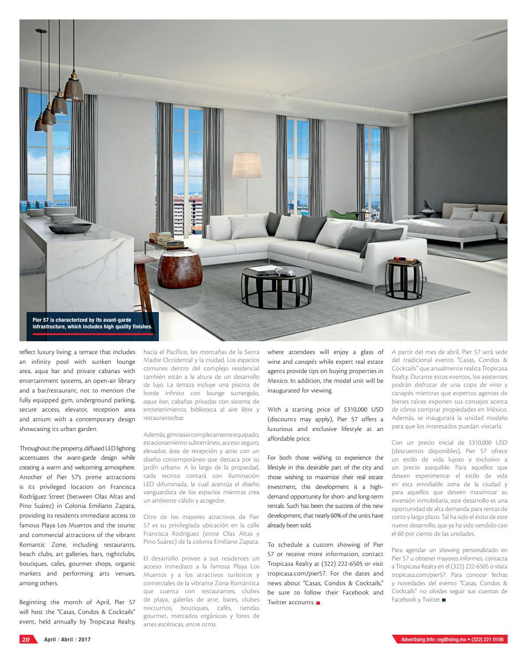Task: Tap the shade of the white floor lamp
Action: (x=247, y=165)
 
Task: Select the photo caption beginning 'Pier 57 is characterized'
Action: (x=92, y=324)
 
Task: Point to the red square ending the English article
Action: (x=318, y=603)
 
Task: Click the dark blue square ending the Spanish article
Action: (x=444, y=600)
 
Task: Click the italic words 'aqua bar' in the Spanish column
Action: (x=155, y=401)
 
